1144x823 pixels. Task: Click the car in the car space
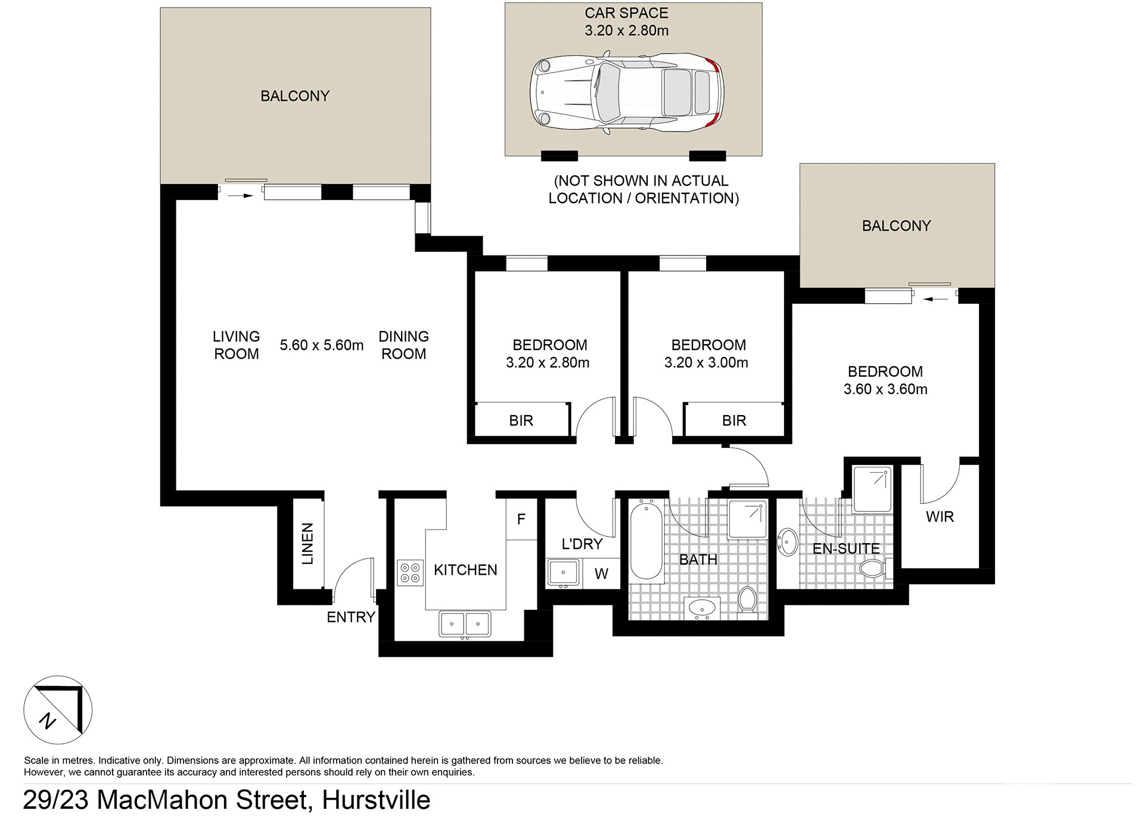coord(627,93)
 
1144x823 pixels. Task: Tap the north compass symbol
coord(58,710)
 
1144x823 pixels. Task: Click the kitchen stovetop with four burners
coord(410,572)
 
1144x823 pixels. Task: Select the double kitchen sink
coord(465,624)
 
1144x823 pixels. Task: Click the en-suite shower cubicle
coord(872,490)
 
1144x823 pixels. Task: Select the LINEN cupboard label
coord(307,544)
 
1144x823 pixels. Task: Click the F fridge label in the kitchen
coord(521,519)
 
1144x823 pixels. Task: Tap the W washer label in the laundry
coord(601,573)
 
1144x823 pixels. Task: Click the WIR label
coord(940,516)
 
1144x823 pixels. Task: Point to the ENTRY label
coord(351,617)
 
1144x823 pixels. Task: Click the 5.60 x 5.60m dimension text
coord(322,345)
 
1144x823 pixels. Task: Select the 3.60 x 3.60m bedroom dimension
coord(885,389)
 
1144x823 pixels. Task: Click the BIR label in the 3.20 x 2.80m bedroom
coord(521,420)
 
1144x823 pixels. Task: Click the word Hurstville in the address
coord(376,800)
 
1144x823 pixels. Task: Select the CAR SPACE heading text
coord(626,13)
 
